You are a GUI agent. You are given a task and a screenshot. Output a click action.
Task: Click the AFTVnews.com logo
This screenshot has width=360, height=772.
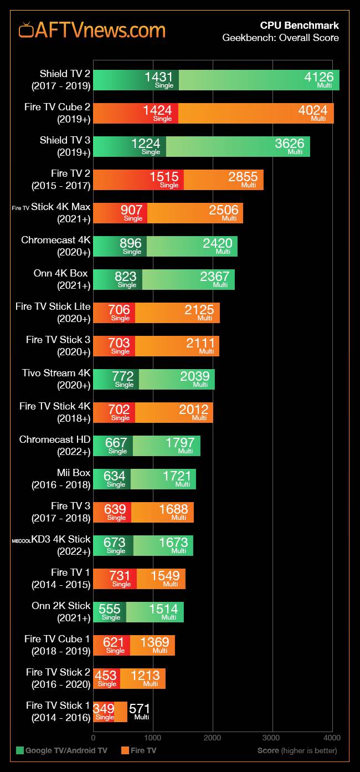pyautogui.click(x=92, y=30)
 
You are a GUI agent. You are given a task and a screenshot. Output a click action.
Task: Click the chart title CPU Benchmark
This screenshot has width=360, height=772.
pyautogui.click(x=299, y=25)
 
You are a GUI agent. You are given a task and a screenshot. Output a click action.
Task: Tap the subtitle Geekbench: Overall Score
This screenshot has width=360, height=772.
pyautogui.click(x=280, y=38)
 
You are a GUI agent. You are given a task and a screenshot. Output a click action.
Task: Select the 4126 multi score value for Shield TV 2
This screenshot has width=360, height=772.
pyautogui.click(x=318, y=78)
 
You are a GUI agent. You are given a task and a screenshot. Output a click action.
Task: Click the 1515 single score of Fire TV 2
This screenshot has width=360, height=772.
pyautogui.click(x=164, y=177)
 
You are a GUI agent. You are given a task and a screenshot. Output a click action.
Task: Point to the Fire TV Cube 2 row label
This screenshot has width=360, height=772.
pyautogui.click(x=57, y=113)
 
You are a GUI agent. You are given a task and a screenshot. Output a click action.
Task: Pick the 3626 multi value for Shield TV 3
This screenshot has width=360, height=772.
pyautogui.click(x=289, y=144)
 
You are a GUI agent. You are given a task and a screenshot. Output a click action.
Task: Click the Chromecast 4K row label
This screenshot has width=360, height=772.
pyautogui.click(x=55, y=246)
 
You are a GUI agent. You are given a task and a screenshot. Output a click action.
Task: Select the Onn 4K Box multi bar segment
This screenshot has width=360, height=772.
pyautogui.click(x=188, y=279)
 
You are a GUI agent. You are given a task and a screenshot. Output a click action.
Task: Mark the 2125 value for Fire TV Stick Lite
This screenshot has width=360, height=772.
pyautogui.click(x=199, y=310)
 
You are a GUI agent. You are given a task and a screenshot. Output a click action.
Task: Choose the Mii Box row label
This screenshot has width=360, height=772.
pyautogui.click(x=60, y=478)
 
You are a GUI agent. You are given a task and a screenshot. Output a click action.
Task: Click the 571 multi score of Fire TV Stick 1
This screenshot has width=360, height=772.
pyautogui.click(x=139, y=709)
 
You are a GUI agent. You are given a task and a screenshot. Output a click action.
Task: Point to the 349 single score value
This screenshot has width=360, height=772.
pyautogui.click(x=104, y=709)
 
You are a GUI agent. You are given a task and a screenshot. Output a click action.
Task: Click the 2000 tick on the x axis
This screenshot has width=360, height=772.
pyautogui.click(x=213, y=738)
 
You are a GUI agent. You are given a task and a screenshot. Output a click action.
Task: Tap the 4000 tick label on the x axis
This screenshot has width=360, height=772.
pyautogui.click(x=332, y=738)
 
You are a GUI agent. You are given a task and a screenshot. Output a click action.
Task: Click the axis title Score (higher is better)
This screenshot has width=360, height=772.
pyautogui.click(x=297, y=750)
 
